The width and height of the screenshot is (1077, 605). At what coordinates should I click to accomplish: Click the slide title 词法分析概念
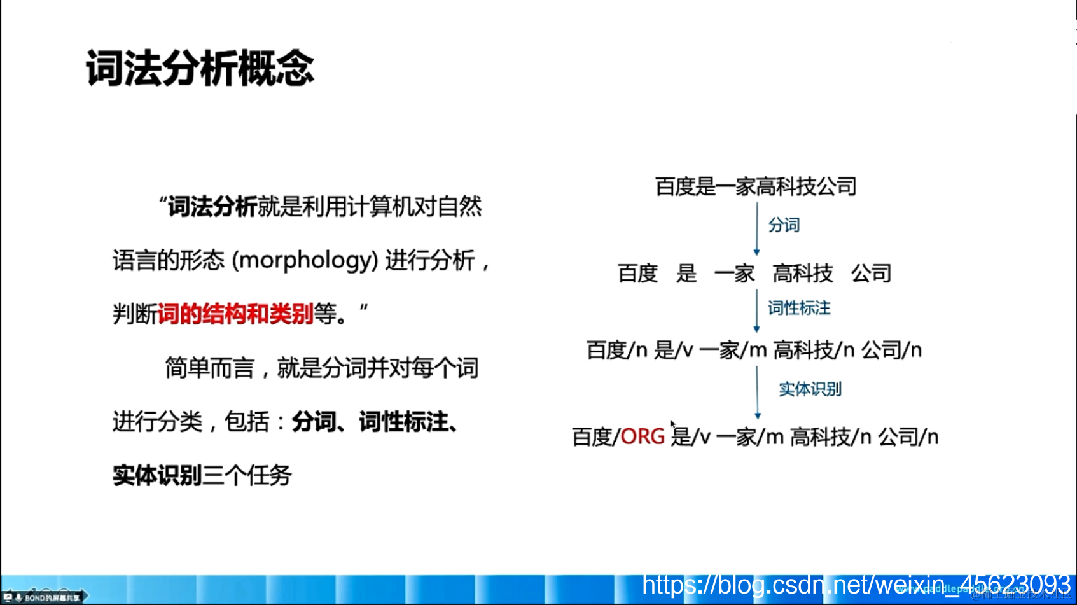click(x=200, y=68)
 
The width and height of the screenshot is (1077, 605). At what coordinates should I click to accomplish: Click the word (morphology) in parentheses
click(x=305, y=260)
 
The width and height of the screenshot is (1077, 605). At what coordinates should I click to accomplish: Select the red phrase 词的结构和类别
click(x=235, y=314)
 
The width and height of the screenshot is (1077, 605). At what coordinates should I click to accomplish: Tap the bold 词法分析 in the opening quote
click(x=212, y=206)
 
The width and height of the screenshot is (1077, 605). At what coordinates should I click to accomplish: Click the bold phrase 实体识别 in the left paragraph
click(x=157, y=475)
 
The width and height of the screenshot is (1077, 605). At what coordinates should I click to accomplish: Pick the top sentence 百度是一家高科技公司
click(x=756, y=186)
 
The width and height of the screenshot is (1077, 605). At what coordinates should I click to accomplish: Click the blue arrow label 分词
click(x=784, y=225)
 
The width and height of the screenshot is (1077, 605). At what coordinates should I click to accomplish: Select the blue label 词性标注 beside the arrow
click(x=799, y=309)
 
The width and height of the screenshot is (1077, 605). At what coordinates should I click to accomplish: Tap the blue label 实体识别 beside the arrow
click(x=810, y=389)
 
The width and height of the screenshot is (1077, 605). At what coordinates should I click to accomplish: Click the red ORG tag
click(x=643, y=437)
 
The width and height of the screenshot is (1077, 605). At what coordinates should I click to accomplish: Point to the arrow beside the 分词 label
click(x=756, y=229)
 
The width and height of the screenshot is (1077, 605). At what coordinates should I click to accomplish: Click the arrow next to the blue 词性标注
click(x=756, y=310)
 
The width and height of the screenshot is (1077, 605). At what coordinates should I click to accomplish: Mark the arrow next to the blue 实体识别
click(x=757, y=393)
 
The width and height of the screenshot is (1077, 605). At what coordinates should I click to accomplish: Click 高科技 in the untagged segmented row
click(x=803, y=274)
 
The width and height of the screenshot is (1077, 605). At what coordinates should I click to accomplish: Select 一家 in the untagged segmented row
click(x=734, y=274)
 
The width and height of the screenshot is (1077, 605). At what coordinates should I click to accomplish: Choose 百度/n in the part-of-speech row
click(x=616, y=350)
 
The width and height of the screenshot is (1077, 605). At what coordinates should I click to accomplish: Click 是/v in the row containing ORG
click(x=691, y=437)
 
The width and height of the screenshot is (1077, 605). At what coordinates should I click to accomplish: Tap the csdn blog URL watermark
click(x=856, y=584)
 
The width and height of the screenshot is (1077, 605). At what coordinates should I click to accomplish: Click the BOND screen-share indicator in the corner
click(x=45, y=597)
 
